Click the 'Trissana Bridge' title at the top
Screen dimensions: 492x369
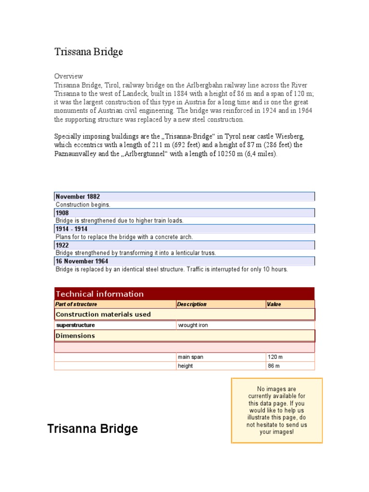click(x=88, y=52)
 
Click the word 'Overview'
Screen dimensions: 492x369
click(x=68, y=76)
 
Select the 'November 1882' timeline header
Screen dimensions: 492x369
click(x=78, y=197)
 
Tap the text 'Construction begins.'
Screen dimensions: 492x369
click(x=83, y=205)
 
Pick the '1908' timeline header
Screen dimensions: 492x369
click(x=62, y=213)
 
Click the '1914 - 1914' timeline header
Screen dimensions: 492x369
click(x=72, y=229)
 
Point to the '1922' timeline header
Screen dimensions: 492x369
click(x=62, y=246)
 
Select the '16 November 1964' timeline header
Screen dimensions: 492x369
click(x=82, y=261)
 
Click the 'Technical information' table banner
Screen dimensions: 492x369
click(x=100, y=294)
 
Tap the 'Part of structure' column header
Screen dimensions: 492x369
click(x=76, y=304)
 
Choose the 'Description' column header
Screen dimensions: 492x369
click(x=192, y=304)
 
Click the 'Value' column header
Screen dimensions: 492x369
click(x=274, y=304)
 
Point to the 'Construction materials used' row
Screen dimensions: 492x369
click(x=103, y=314)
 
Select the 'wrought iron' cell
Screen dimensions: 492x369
click(x=193, y=325)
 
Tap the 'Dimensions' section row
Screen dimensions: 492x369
click(x=76, y=335)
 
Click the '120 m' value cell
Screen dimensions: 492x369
click(x=275, y=357)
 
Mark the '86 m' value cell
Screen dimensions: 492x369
click(x=274, y=366)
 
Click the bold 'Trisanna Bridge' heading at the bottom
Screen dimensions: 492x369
click(x=93, y=429)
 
